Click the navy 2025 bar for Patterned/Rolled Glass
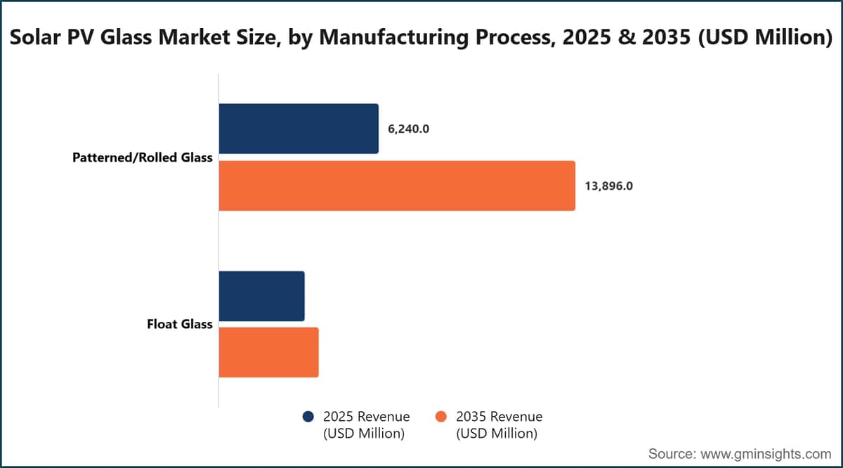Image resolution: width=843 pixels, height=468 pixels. point(299,129)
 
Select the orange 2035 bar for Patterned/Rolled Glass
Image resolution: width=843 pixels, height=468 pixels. point(397,186)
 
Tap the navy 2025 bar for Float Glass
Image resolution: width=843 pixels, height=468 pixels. point(262,296)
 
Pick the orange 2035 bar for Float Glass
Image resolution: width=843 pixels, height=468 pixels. point(268,353)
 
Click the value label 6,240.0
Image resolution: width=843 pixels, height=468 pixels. point(408,129)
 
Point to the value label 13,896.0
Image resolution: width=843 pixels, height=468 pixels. point(608,186)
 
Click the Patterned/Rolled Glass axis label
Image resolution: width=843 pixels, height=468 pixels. point(142,157)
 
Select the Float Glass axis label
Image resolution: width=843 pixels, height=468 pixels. point(180,324)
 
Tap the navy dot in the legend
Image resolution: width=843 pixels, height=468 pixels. point(308,417)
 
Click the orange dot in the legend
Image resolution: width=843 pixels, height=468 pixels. point(440,417)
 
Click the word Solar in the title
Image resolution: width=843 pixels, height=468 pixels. point(35,37)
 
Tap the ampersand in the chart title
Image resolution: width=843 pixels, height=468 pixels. point(627,37)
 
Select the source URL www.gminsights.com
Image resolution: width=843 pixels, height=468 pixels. point(766,454)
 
